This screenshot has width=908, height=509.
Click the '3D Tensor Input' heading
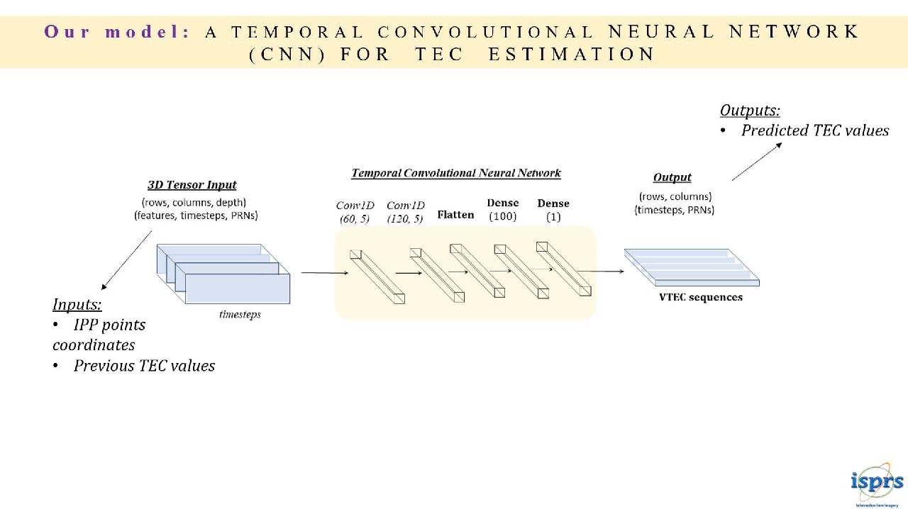pos(192,185)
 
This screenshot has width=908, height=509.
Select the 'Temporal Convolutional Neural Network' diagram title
pos(456,173)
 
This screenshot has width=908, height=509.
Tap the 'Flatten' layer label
pos(455,215)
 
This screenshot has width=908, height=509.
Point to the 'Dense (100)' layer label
pos(503,210)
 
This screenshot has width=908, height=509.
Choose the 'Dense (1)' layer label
pos(553,210)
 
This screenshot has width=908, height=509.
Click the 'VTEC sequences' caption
pos(701,297)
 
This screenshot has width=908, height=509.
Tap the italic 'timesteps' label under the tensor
pos(240,314)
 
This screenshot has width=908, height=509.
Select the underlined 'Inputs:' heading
pos(77,304)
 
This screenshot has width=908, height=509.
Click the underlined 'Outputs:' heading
pos(750,110)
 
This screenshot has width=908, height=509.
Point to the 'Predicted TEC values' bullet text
pos(814,130)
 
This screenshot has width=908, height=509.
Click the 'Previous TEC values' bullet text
pos(144,366)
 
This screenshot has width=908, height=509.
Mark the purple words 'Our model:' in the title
pos(117,32)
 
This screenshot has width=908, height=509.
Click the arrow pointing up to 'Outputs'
pos(757,161)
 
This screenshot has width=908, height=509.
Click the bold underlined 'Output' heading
pos(672,177)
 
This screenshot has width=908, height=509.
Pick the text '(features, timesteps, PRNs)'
pos(196,216)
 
